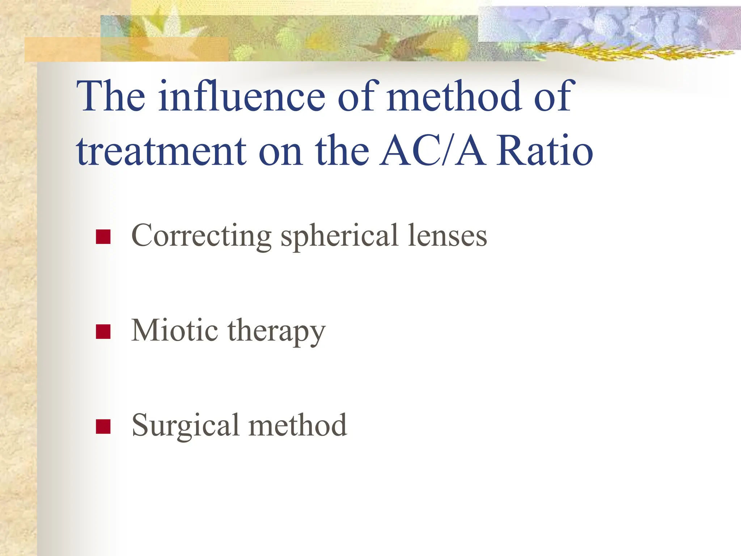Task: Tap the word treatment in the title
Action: pyautogui.click(x=161, y=151)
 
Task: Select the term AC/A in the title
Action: pyautogui.click(x=432, y=151)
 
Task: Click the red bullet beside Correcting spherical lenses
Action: pyautogui.click(x=103, y=237)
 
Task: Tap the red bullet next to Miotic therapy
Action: pyautogui.click(x=103, y=332)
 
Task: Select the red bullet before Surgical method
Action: pyautogui.click(x=103, y=426)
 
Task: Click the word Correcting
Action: pyautogui.click(x=201, y=236)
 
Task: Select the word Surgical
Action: pyautogui.click(x=185, y=426)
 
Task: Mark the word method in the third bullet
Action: pyautogui.click(x=298, y=425)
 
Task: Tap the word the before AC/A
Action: pyautogui.click(x=342, y=151)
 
